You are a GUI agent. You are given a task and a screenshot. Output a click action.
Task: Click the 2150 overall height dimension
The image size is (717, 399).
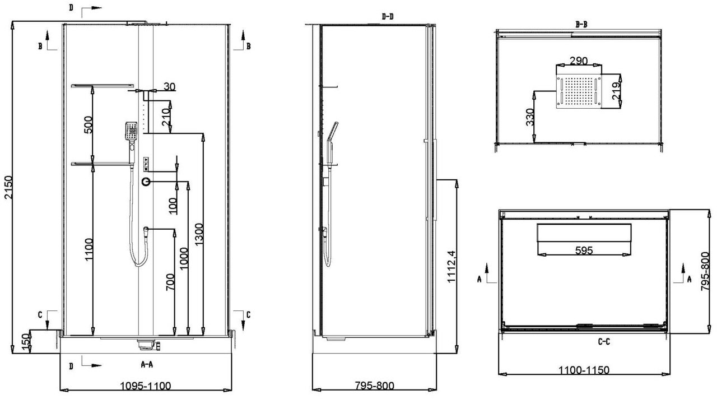tap(8, 187)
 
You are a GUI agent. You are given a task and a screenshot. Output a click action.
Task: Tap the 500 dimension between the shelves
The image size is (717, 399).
tap(89, 124)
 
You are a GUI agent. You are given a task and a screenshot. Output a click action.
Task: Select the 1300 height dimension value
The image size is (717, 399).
tap(199, 234)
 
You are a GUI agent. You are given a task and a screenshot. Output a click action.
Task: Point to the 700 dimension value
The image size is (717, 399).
tap(170, 282)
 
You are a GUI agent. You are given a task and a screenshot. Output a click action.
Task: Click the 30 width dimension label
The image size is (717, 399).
tap(170, 86)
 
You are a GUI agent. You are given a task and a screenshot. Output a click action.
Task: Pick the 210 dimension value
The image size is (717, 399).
tap(165, 117)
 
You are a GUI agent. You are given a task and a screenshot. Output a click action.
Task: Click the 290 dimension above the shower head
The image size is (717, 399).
tap(579, 61)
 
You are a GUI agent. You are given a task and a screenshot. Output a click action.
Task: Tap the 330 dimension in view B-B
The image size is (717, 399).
tap(530, 117)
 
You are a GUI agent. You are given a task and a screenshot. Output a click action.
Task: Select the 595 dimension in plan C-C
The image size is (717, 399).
tap(584, 250)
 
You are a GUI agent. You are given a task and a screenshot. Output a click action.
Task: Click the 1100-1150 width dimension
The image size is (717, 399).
tap(584, 370)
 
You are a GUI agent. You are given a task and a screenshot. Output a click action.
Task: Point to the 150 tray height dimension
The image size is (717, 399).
tap(26, 340)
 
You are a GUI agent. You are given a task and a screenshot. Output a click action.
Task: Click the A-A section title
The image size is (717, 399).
tap(147, 364)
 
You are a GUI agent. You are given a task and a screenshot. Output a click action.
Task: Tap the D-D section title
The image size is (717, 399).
tap(388, 16)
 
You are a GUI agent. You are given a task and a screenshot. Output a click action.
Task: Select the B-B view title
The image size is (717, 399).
tap(581, 24)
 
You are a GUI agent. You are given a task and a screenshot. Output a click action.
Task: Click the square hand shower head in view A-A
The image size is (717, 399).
tap(131, 131)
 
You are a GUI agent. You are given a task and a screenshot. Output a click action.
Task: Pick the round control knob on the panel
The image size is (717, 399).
tap(146, 182)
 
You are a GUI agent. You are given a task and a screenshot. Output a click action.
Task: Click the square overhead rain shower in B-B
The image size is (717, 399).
tap(579, 91)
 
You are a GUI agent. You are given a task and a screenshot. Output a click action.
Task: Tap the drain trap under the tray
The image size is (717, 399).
tap(148, 345)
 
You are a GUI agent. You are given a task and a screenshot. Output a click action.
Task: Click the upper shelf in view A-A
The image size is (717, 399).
tap(103, 86)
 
